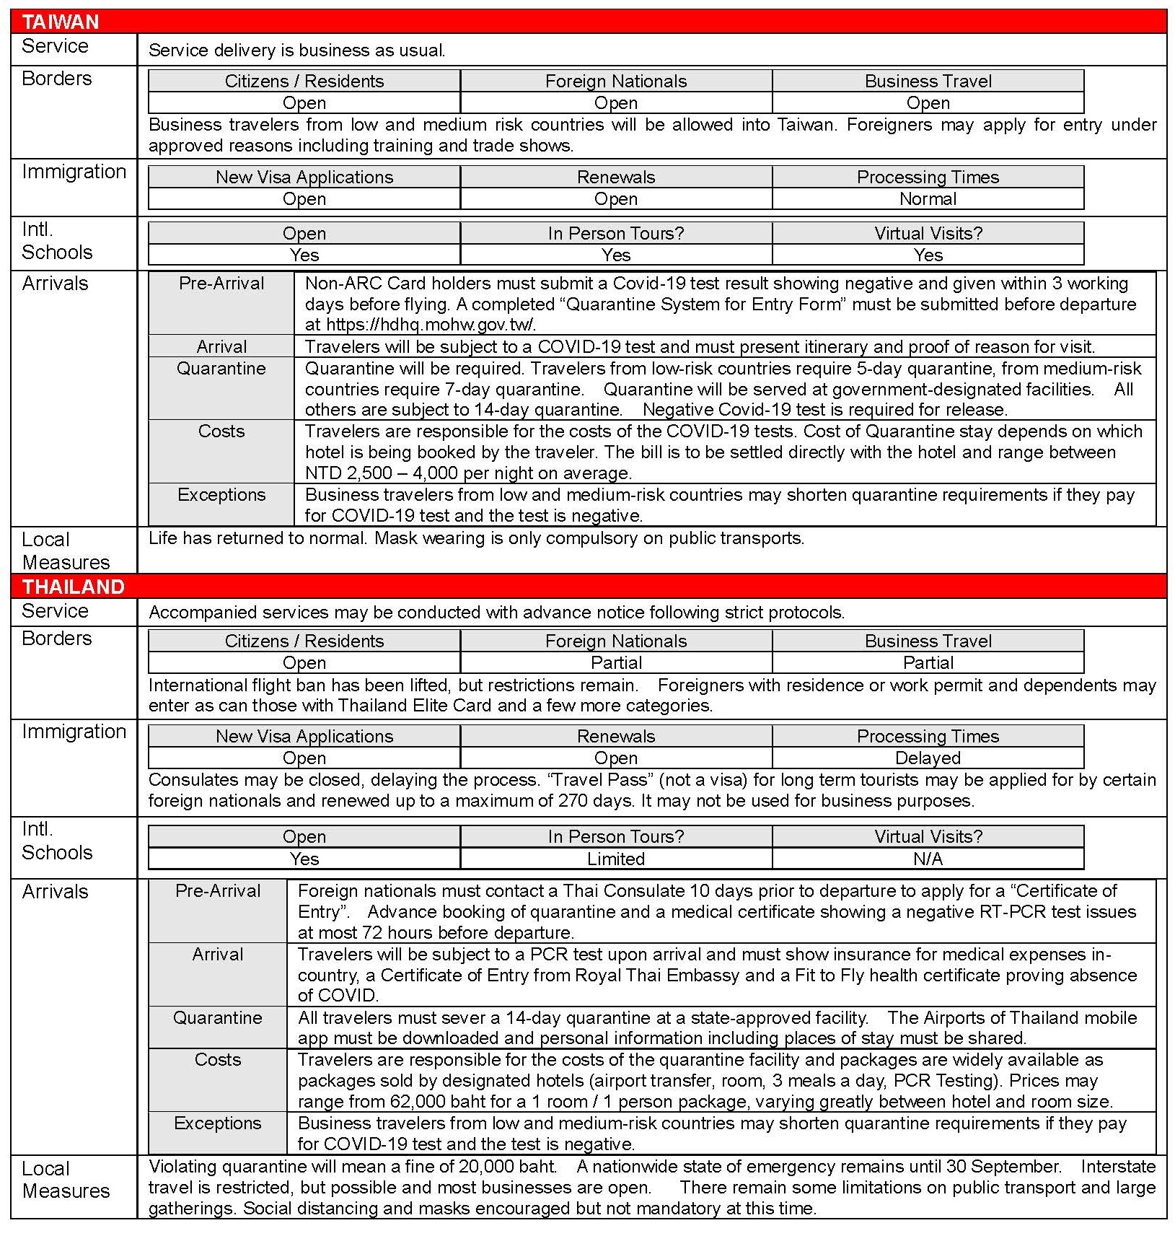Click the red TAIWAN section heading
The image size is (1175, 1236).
pos(61,22)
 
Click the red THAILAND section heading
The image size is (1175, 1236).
pos(73,586)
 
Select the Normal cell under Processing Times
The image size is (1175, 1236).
pos(928,198)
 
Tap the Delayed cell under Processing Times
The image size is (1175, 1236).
pos(928,758)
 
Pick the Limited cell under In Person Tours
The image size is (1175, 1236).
pos(615,859)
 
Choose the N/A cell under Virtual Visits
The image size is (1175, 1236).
pos(928,859)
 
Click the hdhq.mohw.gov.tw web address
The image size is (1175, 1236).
pos(431,325)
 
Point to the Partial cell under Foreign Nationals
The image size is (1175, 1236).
pos(615,662)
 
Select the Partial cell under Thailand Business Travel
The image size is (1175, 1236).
pos(928,662)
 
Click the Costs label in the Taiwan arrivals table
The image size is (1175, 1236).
pos(221,431)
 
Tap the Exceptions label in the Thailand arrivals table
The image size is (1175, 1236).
pos(217,1123)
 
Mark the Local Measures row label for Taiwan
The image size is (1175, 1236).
pos(66,551)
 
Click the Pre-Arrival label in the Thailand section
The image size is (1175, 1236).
pos(217,891)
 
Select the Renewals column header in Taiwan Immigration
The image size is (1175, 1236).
pos(615,177)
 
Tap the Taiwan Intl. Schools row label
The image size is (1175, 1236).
pos(57,241)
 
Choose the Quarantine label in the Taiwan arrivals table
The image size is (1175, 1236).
pos(221,369)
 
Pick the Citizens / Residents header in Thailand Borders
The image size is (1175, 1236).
pos(304,641)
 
